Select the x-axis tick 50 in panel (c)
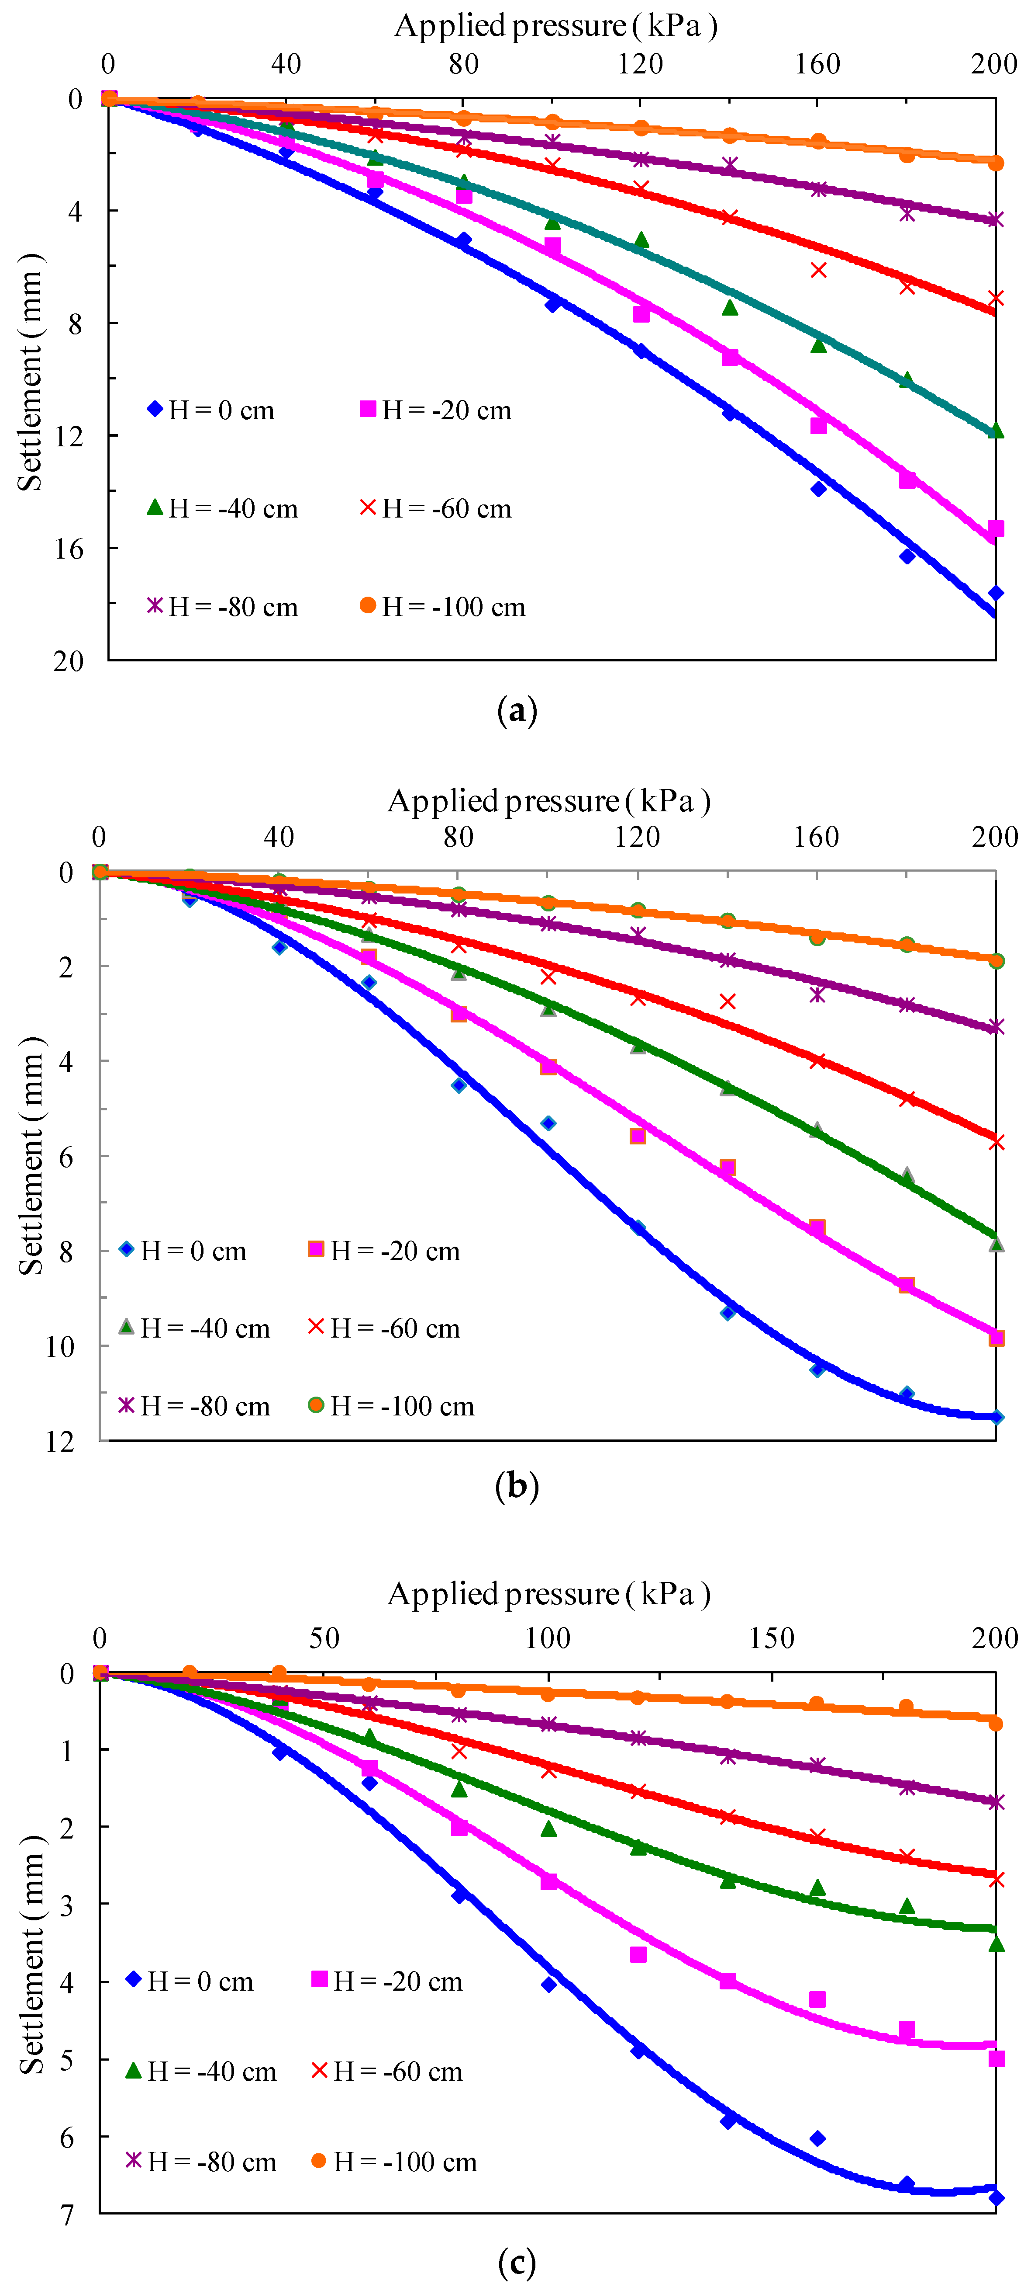click(324, 1638)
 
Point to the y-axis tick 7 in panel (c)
click(68, 2215)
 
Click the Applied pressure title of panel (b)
click(548, 801)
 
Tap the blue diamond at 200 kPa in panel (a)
click(996, 593)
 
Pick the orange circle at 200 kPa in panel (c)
click(996, 1724)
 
